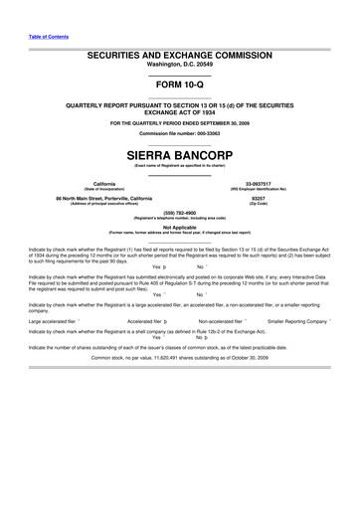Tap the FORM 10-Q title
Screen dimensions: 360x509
pos(180,84)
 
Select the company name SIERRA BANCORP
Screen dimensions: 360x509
pos(180,156)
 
